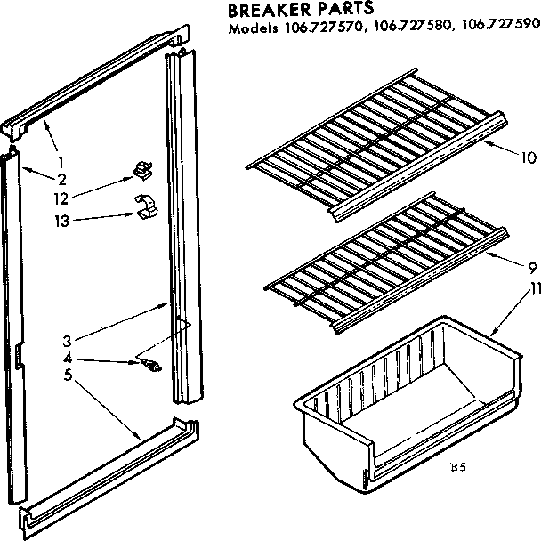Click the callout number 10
tap(528, 159)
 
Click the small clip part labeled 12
tap(141, 169)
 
